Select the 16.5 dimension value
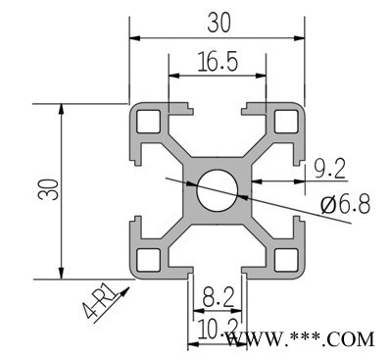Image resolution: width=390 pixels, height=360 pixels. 217,62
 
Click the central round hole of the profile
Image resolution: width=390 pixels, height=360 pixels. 217,188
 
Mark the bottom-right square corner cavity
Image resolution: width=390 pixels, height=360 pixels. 286,259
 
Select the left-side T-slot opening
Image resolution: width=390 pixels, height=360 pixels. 137,189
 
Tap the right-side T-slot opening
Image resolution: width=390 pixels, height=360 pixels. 297,189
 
